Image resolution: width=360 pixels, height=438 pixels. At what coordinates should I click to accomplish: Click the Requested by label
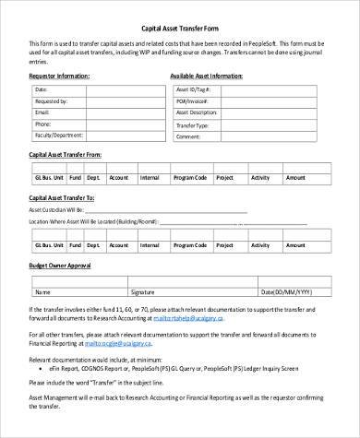(51, 101)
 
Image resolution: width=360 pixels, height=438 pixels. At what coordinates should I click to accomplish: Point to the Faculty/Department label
(62, 134)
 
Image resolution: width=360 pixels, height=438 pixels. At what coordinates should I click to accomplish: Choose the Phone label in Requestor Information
(43, 123)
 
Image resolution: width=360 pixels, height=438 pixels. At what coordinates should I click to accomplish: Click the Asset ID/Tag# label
(192, 89)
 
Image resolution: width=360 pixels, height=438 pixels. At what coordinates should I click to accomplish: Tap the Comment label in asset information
(187, 135)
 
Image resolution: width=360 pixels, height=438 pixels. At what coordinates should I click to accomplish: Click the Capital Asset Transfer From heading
(70, 156)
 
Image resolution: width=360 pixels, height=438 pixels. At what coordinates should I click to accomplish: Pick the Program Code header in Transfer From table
(188, 177)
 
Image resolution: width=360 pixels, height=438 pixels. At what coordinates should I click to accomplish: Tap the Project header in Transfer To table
(224, 248)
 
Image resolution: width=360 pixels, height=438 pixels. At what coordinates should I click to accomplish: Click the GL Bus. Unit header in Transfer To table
(48, 248)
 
